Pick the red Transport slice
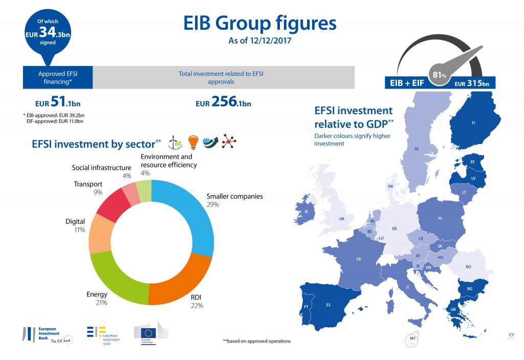108,206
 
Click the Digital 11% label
75,226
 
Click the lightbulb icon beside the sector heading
193,142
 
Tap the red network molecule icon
228,142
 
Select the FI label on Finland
473,123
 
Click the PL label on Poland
440,219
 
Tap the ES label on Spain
328,305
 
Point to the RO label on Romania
468,267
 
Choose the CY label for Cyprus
511,335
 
